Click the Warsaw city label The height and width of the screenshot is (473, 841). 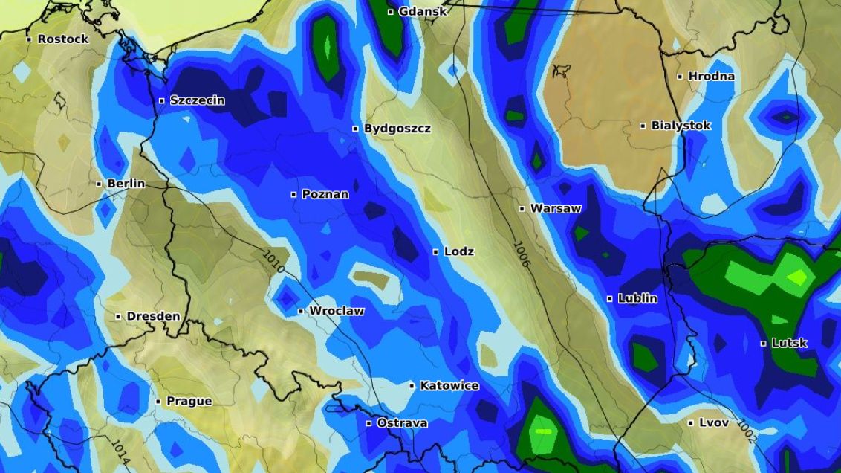point(555,209)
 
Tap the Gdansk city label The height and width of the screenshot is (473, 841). point(423,11)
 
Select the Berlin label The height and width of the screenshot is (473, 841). point(126,184)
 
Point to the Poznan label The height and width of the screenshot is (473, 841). point(325,195)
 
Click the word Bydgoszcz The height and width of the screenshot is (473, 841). point(397,129)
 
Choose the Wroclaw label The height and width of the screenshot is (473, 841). point(337,311)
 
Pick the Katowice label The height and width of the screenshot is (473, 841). point(449,386)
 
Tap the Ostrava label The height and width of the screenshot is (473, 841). point(402,423)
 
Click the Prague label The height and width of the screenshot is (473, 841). point(189,402)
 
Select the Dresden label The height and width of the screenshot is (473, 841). point(153,316)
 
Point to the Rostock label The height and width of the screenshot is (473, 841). point(62,39)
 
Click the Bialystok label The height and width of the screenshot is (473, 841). point(681,126)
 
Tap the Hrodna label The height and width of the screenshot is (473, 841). point(711,76)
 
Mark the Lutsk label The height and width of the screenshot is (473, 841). point(789,343)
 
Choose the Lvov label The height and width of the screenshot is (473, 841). point(713,422)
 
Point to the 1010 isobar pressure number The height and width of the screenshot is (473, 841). point(273,262)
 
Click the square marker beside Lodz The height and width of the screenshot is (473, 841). point(436,252)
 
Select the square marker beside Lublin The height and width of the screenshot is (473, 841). point(610,299)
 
